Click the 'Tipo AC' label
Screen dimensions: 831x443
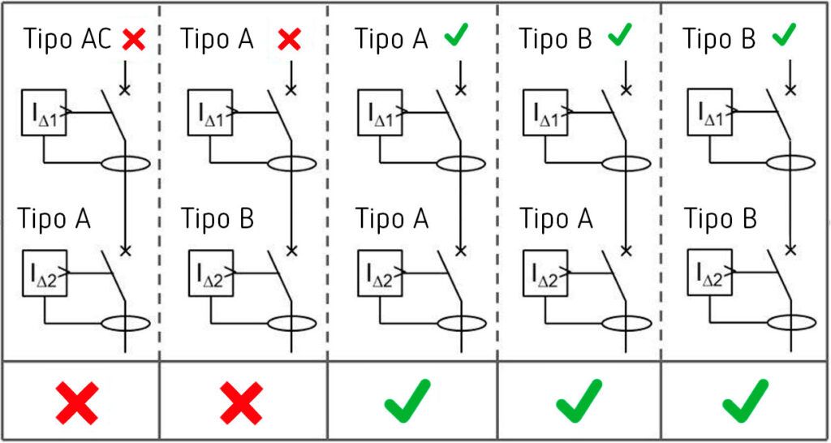coord(67,39)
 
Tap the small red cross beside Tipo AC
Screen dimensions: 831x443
coord(134,40)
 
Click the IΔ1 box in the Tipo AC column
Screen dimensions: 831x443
coord(44,112)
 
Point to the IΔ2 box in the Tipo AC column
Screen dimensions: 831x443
coord(45,273)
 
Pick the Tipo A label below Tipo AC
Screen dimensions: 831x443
coord(54,218)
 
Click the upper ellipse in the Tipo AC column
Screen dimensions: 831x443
coord(126,164)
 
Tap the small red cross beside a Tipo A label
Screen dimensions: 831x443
coord(290,40)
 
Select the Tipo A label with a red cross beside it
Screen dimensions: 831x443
coord(217,39)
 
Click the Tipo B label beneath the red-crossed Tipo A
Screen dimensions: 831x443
coord(217,218)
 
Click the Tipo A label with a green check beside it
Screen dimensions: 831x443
coord(390,39)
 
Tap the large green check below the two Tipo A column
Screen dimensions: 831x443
coord(407,400)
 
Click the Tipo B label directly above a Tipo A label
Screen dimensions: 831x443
coord(555,39)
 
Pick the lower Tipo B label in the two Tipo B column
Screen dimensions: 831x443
coord(720,218)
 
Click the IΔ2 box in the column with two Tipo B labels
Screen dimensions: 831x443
coord(709,273)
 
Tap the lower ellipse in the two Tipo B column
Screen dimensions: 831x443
coord(791,323)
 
